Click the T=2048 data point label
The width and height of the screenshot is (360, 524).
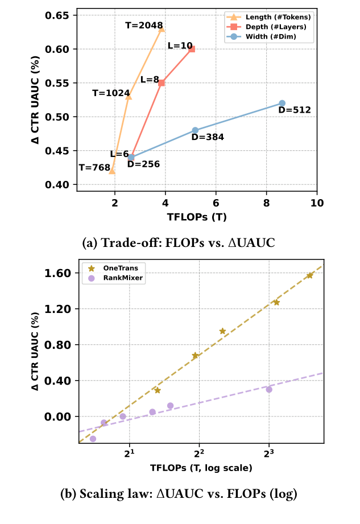[144, 26]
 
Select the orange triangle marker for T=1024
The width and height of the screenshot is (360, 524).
[129, 97]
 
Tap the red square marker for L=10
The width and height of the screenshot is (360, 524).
[192, 49]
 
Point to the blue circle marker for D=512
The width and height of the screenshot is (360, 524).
[282, 103]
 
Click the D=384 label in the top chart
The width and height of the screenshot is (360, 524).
[208, 137]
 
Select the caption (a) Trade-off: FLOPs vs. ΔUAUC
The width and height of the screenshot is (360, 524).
[180, 243]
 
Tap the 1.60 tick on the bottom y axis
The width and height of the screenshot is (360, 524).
[57, 273]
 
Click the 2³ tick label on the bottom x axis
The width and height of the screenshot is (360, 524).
[269, 453]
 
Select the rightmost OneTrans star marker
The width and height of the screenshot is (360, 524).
[309, 275]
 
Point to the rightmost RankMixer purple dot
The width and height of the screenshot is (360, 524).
[269, 389]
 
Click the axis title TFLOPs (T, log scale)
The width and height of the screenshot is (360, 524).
[201, 468]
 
